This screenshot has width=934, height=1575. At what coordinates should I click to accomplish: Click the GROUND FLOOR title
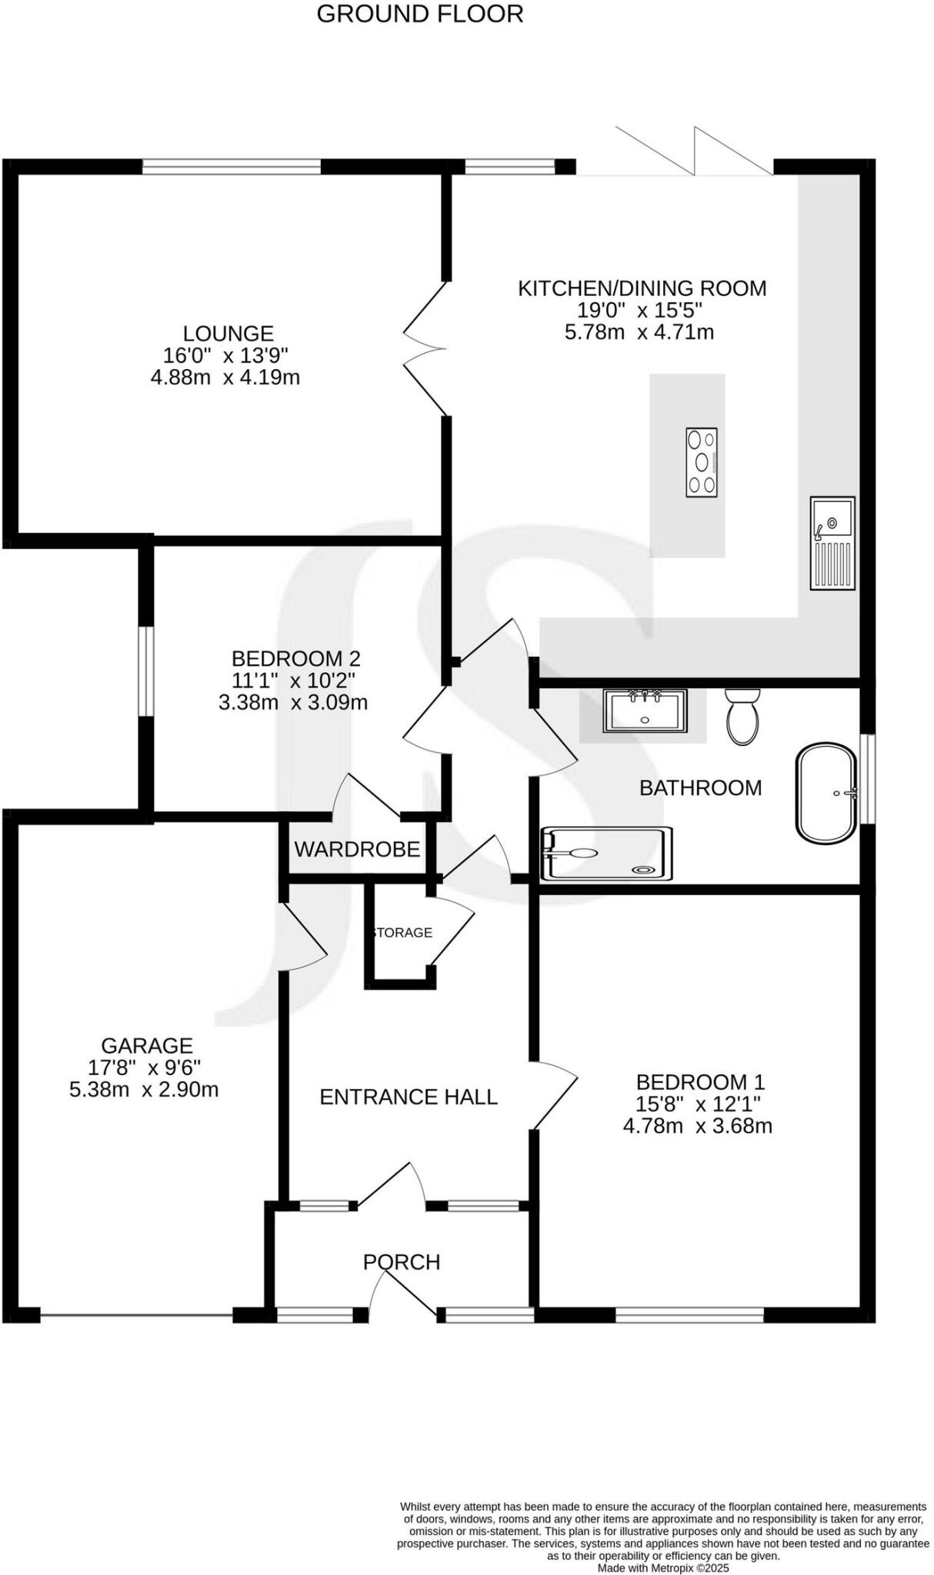(419, 14)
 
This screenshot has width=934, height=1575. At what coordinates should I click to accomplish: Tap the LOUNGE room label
(228, 333)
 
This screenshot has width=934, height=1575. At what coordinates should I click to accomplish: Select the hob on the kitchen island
(701, 461)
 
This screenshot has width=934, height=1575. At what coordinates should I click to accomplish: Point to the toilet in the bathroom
(742, 717)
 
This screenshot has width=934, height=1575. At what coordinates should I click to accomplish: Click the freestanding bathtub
(826, 793)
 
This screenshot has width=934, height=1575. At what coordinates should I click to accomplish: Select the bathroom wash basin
(644, 711)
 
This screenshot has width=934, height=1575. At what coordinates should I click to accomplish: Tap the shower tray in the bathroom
(606, 853)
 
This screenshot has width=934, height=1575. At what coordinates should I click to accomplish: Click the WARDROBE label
(357, 849)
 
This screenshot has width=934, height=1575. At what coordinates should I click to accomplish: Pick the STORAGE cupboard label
(402, 932)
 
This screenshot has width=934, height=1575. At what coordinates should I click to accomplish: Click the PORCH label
(402, 1261)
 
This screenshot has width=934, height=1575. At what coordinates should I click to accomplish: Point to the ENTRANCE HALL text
(409, 1096)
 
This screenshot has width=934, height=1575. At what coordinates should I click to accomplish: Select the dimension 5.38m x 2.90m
(144, 1089)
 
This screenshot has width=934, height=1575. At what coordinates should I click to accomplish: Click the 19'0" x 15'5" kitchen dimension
(640, 310)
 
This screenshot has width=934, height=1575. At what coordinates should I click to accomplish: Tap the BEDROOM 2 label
(295, 658)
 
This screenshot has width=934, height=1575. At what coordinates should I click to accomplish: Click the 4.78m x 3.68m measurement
(697, 1126)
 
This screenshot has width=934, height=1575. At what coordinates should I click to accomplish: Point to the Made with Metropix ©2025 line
(663, 1567)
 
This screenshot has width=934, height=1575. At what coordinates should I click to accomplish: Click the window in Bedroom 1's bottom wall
(689, 1317)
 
